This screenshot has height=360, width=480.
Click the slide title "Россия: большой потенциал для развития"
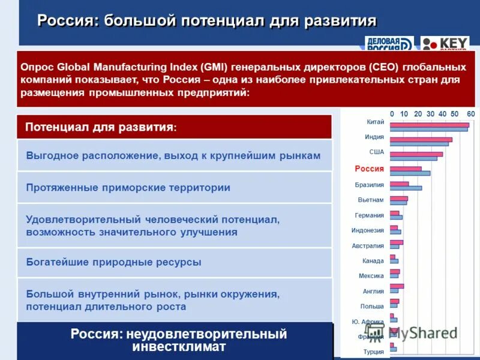(x=207, y=22)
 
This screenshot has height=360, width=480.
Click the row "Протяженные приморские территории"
(x=128, y=188)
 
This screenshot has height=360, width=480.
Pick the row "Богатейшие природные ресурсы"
(x=114, y=262)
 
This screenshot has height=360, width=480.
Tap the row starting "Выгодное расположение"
(x=173, y=155)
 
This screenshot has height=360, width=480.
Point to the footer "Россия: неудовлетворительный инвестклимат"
(x=179, y=340)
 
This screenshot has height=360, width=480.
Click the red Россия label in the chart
(x=369, y=169)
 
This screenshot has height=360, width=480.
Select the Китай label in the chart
(x=375, y=122)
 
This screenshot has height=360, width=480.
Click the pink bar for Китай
(x=429, y=125)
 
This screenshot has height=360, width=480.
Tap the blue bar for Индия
(x=419, y=144)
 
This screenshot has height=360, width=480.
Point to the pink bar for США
(x=416, y=154)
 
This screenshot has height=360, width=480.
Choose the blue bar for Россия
(x=410, y=173)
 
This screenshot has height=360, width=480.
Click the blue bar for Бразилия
(x=406, y=188)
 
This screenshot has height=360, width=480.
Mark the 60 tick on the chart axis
(x=470, y=113)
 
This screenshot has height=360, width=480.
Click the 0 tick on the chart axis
(x=392, y=113)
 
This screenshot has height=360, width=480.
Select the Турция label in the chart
(x=374, y=352)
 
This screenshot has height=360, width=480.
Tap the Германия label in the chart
(x=370, y=215)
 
